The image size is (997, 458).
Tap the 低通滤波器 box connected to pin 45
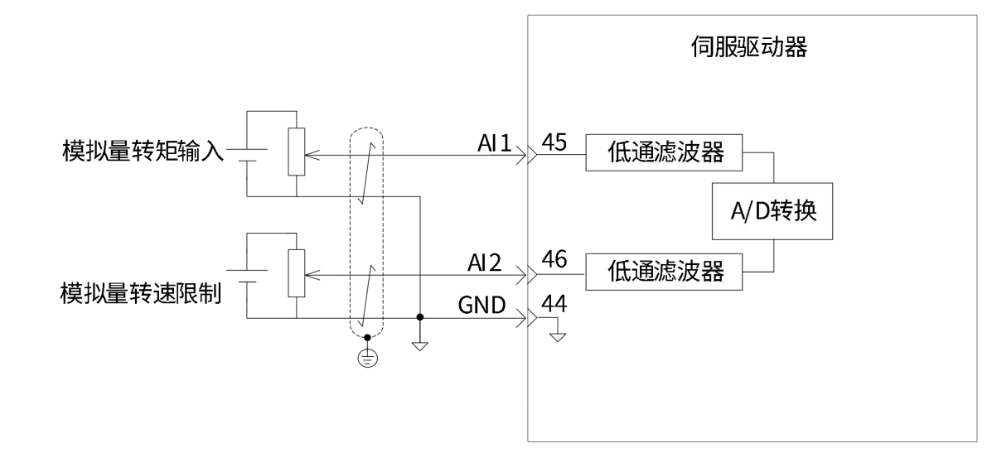pyautogui.click(x=664, y=153)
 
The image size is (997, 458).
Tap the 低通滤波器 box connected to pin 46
pyautogui.click(x=664, y=270)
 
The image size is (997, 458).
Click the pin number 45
pyautogui.click(x=553, y=142)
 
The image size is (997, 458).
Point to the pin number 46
pyautogui.click(x=553, y=259)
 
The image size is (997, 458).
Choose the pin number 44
pyautogui.click(x=553, y=306)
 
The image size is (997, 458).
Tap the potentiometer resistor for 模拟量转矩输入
pyautogui.click(x=295, y=152)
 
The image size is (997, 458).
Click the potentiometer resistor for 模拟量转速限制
pyautogui.click(x=295, y=271)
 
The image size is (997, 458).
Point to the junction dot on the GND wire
pyautogui.click(x=420, y=317)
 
